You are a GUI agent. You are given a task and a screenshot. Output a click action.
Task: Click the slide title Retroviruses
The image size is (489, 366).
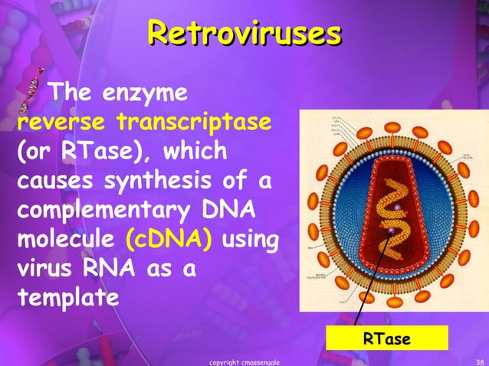244,34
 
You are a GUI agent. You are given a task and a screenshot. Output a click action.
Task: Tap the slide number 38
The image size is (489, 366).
479,361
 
